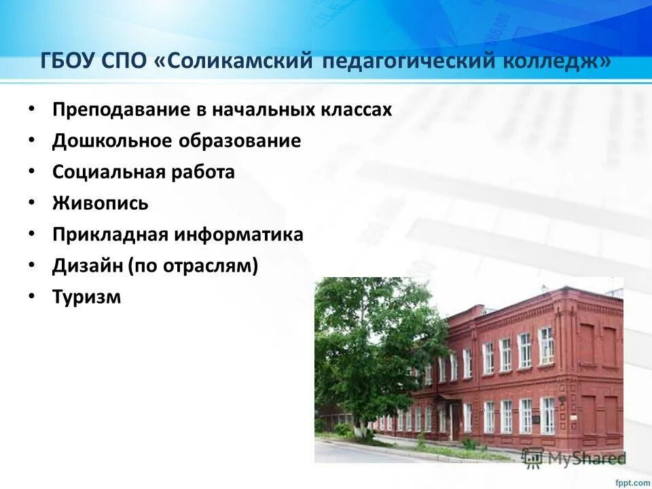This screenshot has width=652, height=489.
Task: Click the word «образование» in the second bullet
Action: (x=240, y=141)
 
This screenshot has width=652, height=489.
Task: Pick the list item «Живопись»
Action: (x=100, y=204)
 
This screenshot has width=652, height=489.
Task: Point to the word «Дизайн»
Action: (x=86, y=266)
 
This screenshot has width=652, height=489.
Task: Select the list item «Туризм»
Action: (x=86, y=297)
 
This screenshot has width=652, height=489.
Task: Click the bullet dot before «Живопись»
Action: (x=31, y=202)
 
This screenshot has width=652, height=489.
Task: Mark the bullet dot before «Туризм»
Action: (x=31, y=296)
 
